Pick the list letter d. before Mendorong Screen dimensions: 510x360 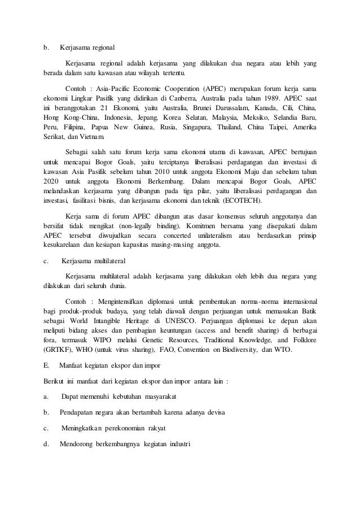pyautogui.click(x=47, y=442)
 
